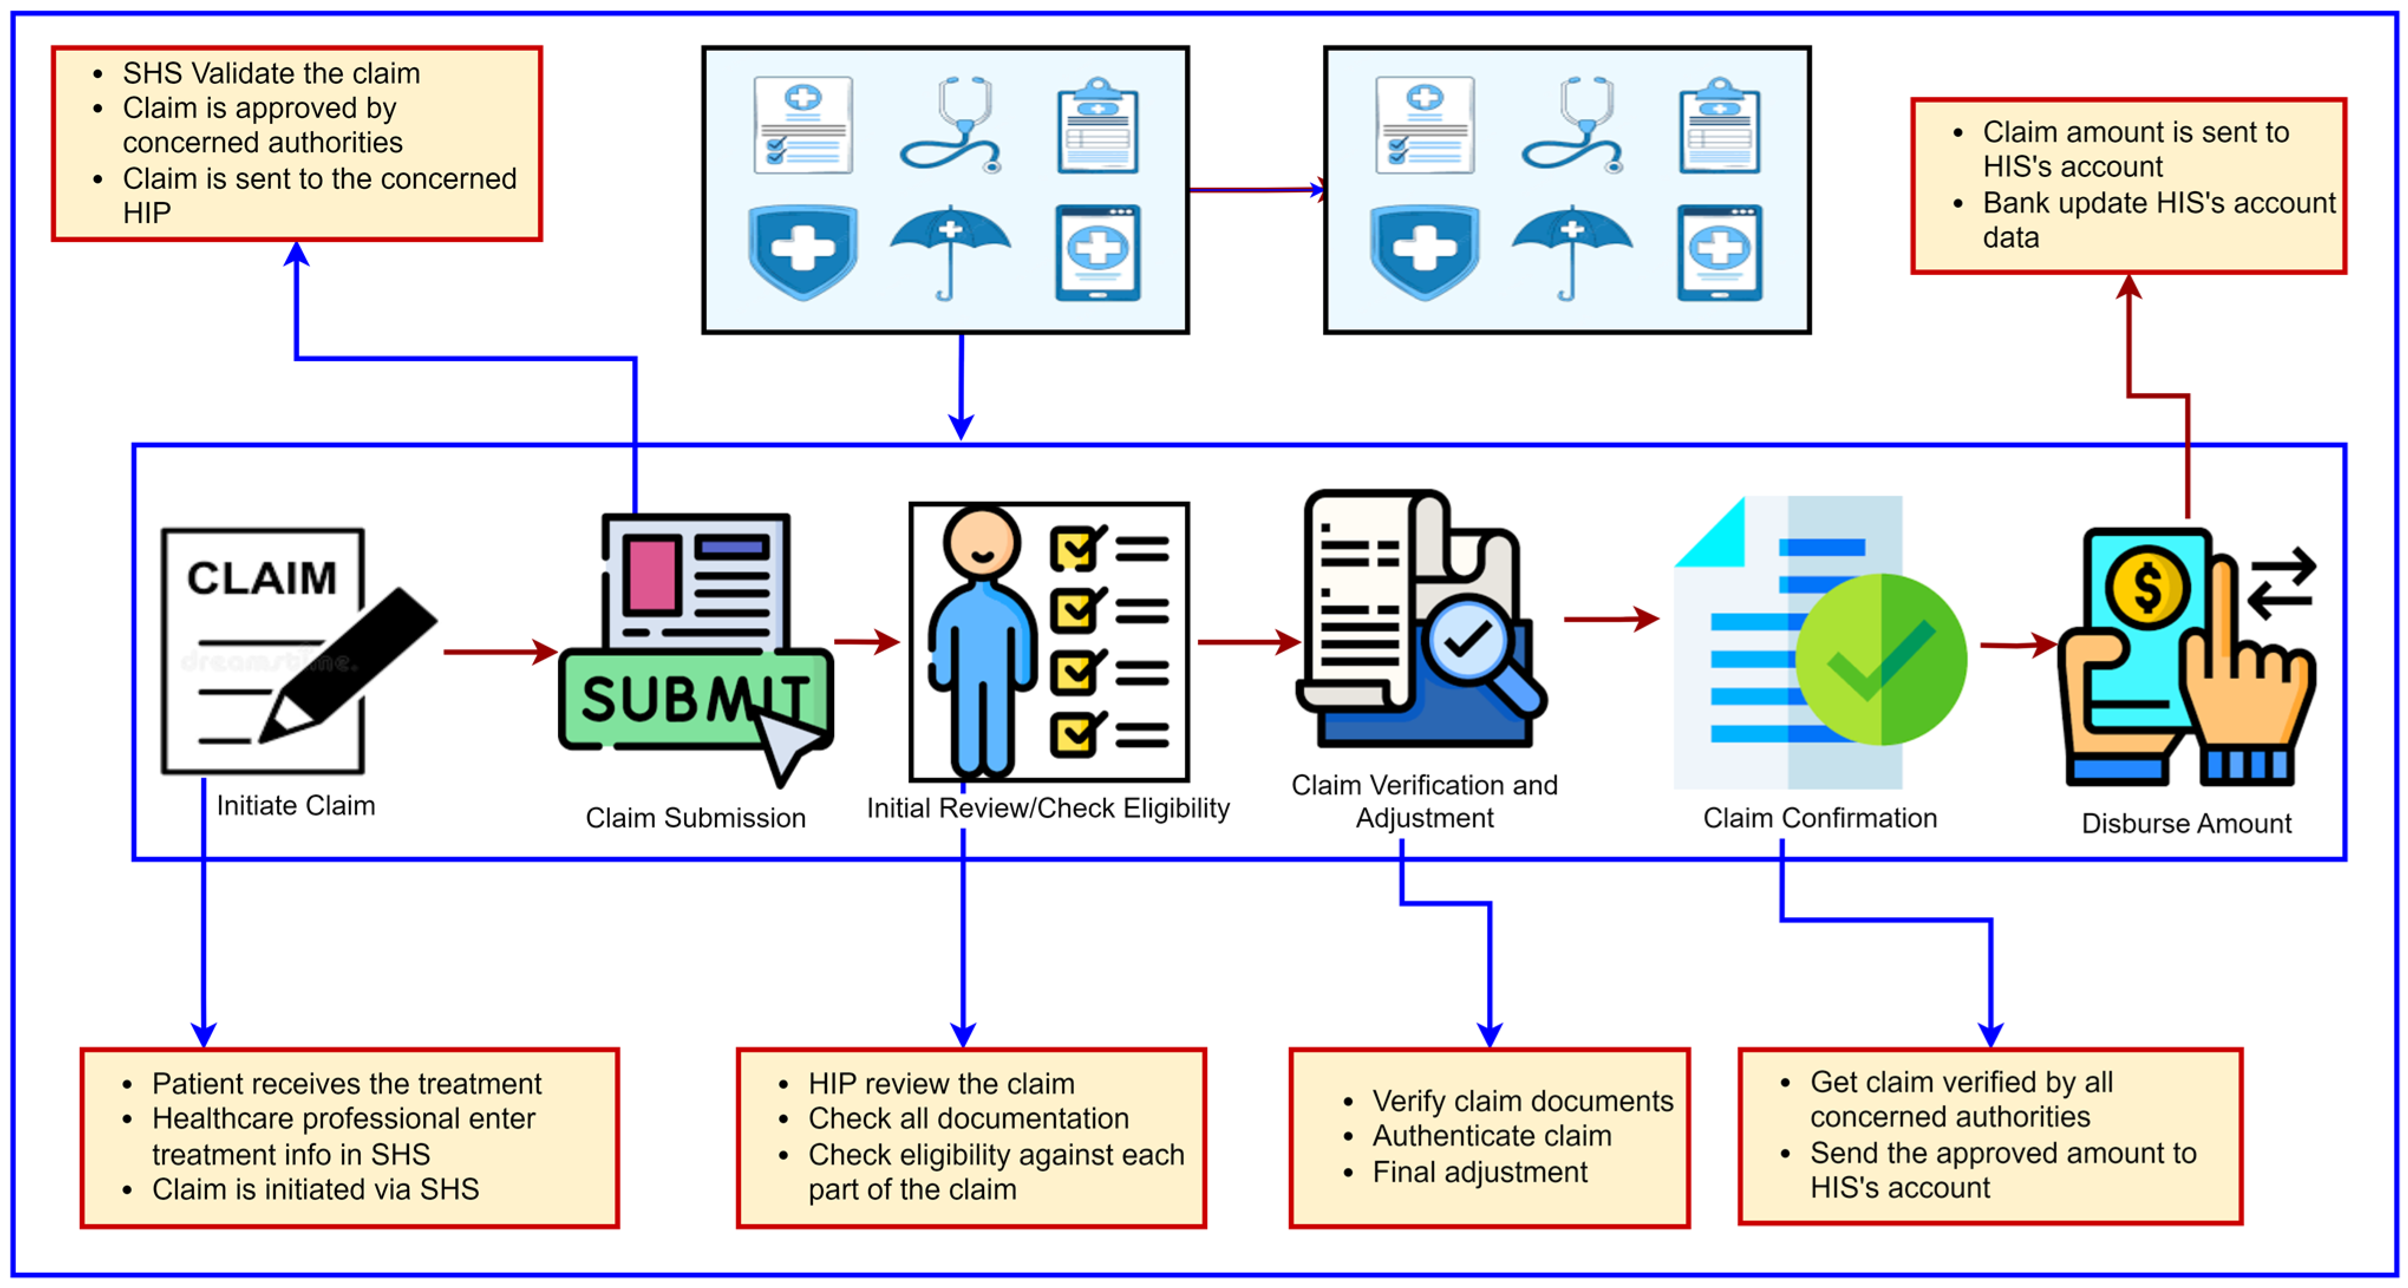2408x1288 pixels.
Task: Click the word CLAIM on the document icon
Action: (262, 578)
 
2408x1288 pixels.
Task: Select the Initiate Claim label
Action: (295, 806)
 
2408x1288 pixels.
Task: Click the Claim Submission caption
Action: (695, 818)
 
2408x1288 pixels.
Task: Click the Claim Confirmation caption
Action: (1819, 818)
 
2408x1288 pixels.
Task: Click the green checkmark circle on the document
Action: (1881, 659)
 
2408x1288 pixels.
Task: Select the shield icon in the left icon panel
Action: (803, 250)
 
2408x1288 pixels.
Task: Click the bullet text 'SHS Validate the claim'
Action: (271, 73)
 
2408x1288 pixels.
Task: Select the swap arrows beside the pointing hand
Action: (2281, 584)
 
